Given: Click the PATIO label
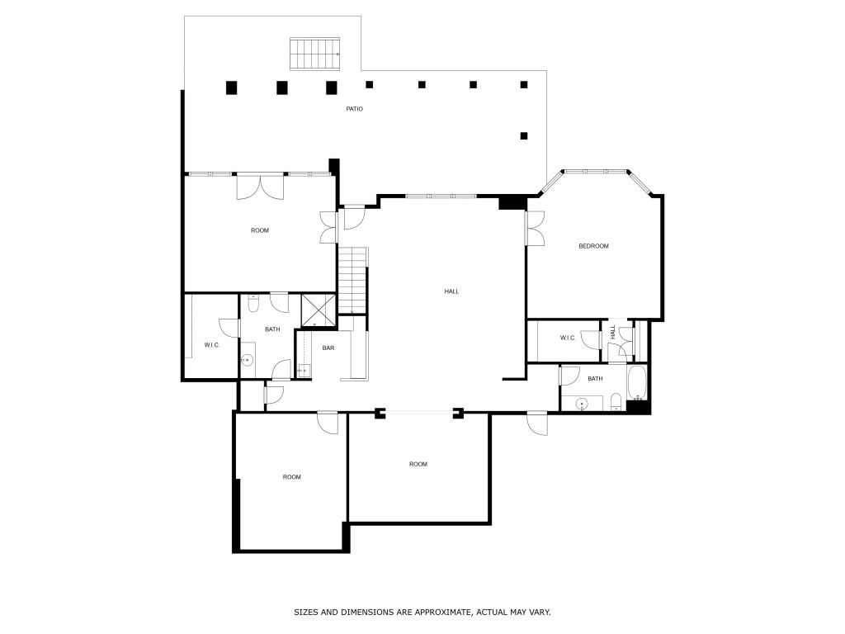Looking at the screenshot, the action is tap(354, 109).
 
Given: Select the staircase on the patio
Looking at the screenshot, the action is tap(315, 54).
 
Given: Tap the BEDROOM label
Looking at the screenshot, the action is tap(593, 246).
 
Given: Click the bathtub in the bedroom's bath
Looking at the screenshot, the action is tap(637, 383).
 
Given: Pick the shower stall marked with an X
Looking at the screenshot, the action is tap(319, 310).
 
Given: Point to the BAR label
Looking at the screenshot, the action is tap(328, 348).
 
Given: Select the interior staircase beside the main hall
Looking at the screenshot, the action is tap(353, 281).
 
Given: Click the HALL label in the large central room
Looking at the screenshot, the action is tap(451, 291).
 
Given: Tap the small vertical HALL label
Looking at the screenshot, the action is tap(613, 332).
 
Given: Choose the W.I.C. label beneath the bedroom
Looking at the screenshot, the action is tap(568, 338).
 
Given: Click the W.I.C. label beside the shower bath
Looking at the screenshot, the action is tap(212, 345).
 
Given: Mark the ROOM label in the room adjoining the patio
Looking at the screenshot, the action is tap(260, 231).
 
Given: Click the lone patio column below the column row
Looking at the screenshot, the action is tap(524, 136).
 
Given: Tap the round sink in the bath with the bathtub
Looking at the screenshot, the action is tap(582, 403).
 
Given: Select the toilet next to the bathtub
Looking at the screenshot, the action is tap(616, 402).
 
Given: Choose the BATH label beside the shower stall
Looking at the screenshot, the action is tap(272, 329).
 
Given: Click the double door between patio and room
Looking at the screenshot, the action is tap(260, 187).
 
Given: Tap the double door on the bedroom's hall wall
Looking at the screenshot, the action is tap(535, 229).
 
